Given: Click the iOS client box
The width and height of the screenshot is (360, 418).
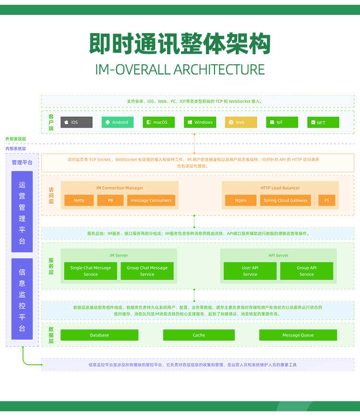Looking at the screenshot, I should coord(76,122).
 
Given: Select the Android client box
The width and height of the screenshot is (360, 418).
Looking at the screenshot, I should coord(118,122).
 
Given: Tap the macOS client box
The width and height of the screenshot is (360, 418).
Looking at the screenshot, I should coord(158,122).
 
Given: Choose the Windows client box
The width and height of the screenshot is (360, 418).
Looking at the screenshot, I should coord(200,122).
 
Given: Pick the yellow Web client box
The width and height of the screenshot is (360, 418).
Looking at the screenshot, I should coord(241,122).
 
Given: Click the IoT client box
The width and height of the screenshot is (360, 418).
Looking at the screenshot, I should coord(282,122).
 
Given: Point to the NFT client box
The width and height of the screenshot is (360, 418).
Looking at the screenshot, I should coord(323,122).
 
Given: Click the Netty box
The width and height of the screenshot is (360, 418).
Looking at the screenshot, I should coord(79,200).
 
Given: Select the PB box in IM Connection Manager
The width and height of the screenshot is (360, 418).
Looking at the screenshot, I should coord(110,200).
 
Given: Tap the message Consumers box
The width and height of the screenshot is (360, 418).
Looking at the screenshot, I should coord(151,200).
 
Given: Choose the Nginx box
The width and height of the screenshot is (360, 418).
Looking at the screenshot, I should coord(240,200).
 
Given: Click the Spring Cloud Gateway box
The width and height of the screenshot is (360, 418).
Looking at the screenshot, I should coord(285,200).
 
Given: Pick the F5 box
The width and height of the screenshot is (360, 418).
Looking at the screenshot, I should coord(327,200).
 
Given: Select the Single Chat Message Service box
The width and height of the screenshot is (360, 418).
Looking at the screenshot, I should coord(90,271).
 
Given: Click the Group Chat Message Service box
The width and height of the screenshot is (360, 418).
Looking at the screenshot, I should coord(147,271).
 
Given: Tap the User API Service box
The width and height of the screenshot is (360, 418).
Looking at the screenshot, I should coord(250,271).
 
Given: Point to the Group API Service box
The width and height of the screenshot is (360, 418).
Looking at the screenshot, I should coord(306,271).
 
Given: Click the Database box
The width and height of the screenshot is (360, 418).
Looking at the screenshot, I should coord(99,335).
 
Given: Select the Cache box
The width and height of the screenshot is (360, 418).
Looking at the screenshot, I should coord(199,335).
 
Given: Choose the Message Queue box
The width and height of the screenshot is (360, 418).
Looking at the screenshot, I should coord(298,335).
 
